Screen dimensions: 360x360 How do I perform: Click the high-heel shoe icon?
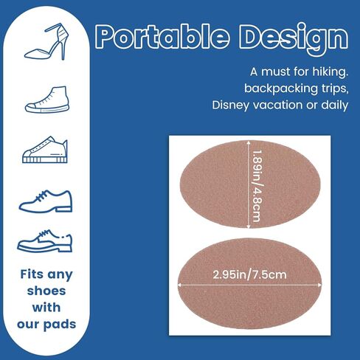pos(46,42)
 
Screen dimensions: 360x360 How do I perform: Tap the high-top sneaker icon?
pos(47,100)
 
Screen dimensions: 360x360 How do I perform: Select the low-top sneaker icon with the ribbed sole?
pos(45,150)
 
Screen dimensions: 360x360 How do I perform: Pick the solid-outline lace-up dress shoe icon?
pos(46,201)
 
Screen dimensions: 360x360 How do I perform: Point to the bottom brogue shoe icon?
pos(45,240)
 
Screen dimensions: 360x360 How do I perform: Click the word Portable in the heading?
pos(162,36)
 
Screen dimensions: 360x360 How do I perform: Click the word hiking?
pos(330,72)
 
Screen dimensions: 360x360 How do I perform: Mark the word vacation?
pos(278,105)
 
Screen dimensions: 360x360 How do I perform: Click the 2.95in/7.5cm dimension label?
pos(249,274)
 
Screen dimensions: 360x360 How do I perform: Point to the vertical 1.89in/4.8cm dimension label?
pos(256,186)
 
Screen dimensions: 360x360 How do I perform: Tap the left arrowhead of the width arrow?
pos(179,285)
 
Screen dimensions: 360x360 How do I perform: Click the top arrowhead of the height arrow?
pos(249,142)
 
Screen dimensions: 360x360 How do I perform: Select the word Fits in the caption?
pos(32,274)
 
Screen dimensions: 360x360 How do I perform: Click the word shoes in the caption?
pos(46,291)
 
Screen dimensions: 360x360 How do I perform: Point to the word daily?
pos(335,105)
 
